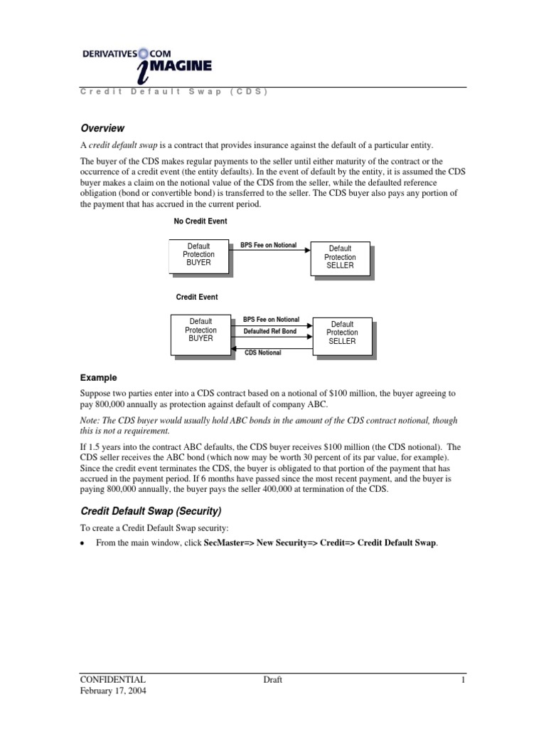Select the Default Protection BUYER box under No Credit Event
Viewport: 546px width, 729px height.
[x=198, y=255]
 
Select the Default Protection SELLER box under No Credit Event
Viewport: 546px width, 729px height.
[x=340, y=257]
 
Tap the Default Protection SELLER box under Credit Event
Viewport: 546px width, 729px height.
[x=342, y=332]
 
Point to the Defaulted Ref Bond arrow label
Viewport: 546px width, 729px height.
[x=270, y=332]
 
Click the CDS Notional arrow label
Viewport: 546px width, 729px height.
[x=262, y=352]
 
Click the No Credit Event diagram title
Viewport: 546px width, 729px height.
[x=200, y=221]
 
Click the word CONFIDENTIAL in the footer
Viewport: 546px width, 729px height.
[x=114, y=680]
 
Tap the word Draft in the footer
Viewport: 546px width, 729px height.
[x=272, y=680]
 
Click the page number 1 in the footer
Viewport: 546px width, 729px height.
[x=462, y=680]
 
